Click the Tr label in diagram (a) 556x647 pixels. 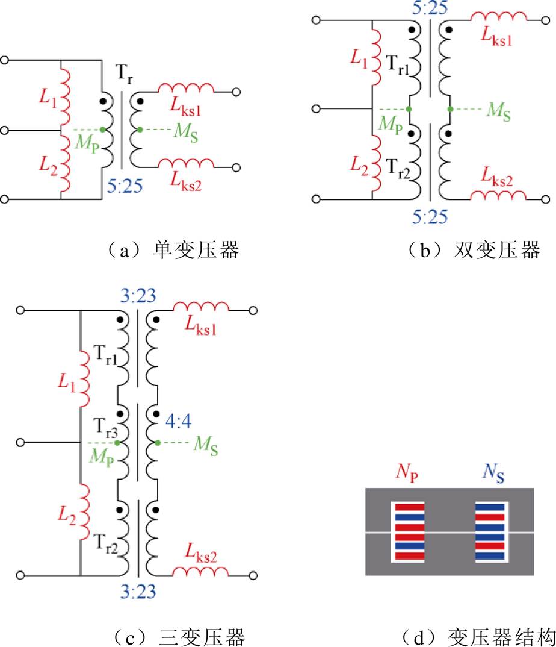pyautogui.click(x=124, y=74)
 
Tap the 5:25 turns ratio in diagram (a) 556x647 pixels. pyautogui.click(x=125, y=186)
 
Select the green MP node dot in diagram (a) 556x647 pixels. pyautogui.click(x=103, y=130)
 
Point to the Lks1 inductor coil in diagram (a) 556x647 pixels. pyautogui.click(x=187, y=89)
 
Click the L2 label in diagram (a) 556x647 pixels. pyautogui.click(x=48, y=166)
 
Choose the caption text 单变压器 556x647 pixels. pyautogui.click(x=196, y=250)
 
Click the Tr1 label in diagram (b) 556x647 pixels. pyautogui.click(x=397, y=65)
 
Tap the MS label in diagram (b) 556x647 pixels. pyautogui.click(x=499, y=111)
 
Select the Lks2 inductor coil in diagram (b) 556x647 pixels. pyautogui.click(x=498, y=195)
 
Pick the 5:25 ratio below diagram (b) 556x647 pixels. pyautogui.click(x=430, y=217)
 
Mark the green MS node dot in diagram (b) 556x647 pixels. pyautogui.click(x=451, y=109)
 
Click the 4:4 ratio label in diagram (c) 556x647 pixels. pyautogui.click(x=179, y=421)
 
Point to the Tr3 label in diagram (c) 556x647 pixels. pyautogui.click(x=105, y=428)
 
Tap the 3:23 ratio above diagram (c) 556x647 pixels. pyautogui.click(x=138, y=296)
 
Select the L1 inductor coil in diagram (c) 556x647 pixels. pyautogui.click(x=84, y=379)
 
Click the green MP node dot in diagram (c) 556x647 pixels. pyautogui.click(x=117, y=443)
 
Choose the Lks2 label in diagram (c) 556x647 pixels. pyautogui.click(x=201, y=553)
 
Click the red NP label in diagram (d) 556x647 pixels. pyautogui.click(x=407, y=473)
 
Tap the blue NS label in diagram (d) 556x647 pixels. pyautogui.click(x=493, y=473)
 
